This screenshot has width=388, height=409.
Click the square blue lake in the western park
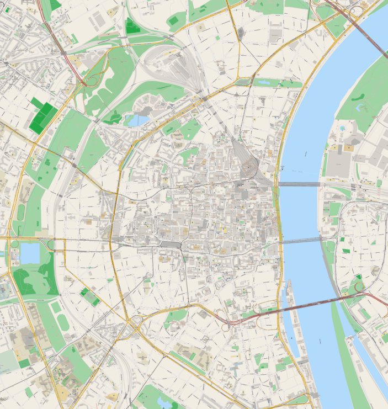pos(30,253)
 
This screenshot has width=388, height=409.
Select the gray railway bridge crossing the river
pos(298,184)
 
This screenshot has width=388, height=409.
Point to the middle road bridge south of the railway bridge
pos(301,240)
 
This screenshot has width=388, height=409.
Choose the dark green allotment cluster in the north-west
pos(43,116)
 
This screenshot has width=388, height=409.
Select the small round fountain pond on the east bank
pos(343,128)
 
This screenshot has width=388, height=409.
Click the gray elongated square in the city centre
pos(171,243)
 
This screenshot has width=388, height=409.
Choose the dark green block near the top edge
pos(132,25)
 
